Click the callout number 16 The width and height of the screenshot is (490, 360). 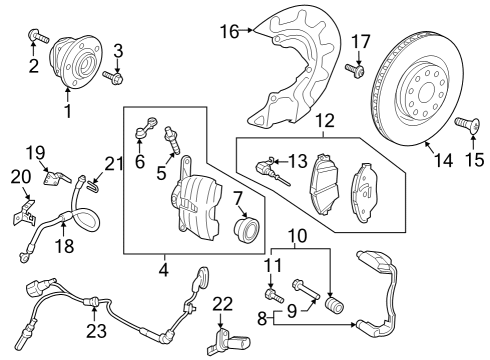coord(230,32)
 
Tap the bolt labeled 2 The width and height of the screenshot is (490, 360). coord(39,36)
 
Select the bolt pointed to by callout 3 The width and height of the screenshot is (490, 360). coord(113,77)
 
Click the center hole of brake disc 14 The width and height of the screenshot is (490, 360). coord(426,92)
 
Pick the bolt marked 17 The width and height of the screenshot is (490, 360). coord(355,70)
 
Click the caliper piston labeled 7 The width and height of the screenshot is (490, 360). coord(246,228)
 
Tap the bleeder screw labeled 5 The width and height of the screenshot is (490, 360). coord(172,140)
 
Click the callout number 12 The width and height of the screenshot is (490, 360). coord(325,120)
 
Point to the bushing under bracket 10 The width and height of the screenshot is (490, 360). coord(334,305)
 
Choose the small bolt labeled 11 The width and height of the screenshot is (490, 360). coord(274,296)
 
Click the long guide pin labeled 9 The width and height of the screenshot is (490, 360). coord(306,289)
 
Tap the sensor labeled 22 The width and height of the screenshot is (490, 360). coord(229,342)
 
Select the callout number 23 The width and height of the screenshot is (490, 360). coord(97,331)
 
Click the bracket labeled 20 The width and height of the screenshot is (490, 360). coord(24,214)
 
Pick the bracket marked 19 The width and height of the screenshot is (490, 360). coord(56,177)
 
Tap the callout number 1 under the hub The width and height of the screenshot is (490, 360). coord(68,111)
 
